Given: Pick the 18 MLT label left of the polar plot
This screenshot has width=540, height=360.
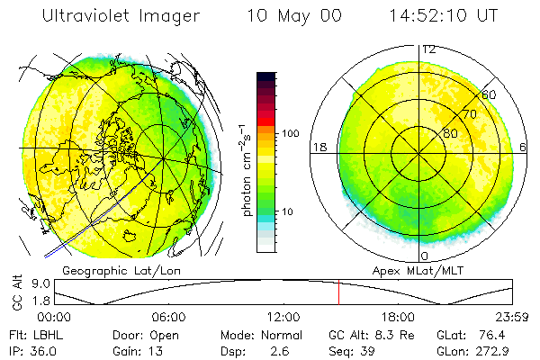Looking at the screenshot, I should pos(319,147).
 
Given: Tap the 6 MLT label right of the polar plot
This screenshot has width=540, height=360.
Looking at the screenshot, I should pos(523,147).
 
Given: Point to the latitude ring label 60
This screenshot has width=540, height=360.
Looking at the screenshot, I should pos(490,94).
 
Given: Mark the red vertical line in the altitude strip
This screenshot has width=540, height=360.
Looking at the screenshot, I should pos(338,292).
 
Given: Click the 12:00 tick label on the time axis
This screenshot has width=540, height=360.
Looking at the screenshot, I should pos(283,317).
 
